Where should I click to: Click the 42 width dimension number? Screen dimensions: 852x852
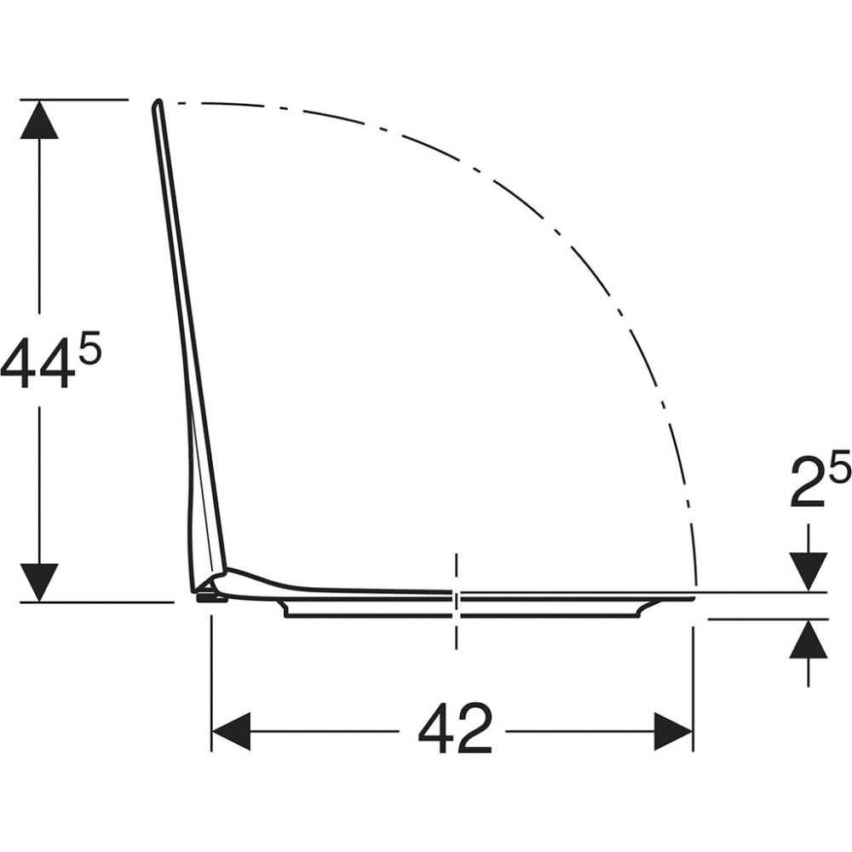pos(455,728)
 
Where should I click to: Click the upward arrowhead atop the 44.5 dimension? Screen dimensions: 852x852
pos(38,119)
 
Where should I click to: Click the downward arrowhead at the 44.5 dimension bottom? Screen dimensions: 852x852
pos(38,582)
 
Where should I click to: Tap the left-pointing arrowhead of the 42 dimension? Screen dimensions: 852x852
pos(230,731)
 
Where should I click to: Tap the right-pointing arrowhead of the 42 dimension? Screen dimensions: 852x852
pos(673,731)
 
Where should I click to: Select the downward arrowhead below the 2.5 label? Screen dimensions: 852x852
pos(809,572)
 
